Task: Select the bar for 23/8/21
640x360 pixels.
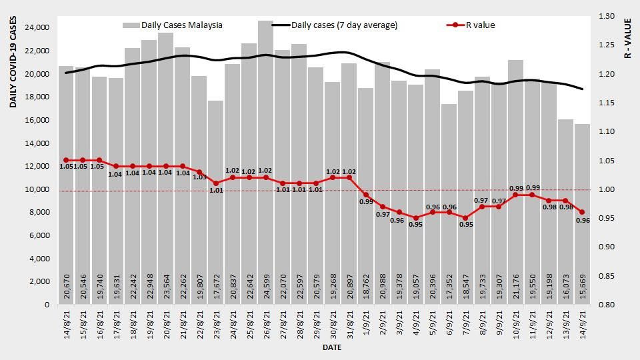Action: pos(215,200)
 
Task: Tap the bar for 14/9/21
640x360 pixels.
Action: pos(582,213)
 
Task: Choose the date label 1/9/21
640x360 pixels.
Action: pos(366,323)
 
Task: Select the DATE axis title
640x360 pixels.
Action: pos(332,348)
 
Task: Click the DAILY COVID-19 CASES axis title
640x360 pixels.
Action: pos(13,64)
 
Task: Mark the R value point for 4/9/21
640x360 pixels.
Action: pos(415,218)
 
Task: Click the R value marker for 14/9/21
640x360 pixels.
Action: pos(582,212)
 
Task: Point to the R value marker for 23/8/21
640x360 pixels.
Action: pos(215,183)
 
